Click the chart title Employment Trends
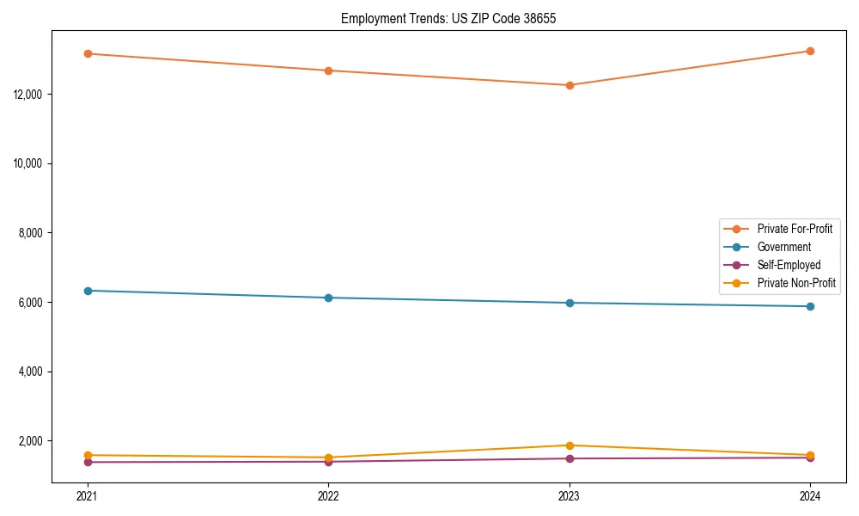point(448,18)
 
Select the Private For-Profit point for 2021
point(87,53)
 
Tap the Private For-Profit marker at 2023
point(570,85)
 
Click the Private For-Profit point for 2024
point(810,51)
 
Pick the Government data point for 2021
point(87,291)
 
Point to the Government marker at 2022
point(328,298)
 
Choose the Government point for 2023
point(570,303)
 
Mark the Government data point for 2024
point(810,306)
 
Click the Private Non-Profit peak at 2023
point(570,445)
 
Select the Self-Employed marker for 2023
point(570,458)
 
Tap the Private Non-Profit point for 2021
point(87,455)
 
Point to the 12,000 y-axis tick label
point(31,94)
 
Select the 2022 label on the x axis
point(328,496)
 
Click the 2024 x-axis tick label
point(810,496)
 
